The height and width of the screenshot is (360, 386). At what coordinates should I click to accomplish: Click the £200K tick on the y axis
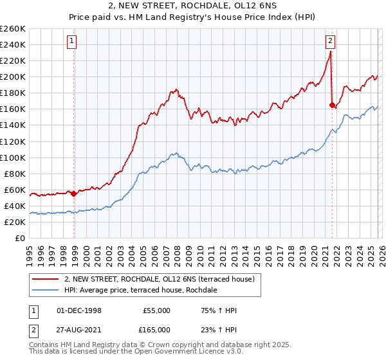pos(13,76)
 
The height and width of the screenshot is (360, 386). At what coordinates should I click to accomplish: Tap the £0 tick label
pos(20,238)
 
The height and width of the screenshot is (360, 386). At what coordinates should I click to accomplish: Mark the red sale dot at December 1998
pos(74,193)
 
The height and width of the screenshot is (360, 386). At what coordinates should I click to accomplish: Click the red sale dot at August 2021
pos(332,105)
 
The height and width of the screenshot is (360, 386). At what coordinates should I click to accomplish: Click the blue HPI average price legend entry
pos(140,291)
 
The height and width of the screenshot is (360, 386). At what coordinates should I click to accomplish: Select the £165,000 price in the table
pos(156,329)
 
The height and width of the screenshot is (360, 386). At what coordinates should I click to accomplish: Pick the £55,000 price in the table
pos(156,310)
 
